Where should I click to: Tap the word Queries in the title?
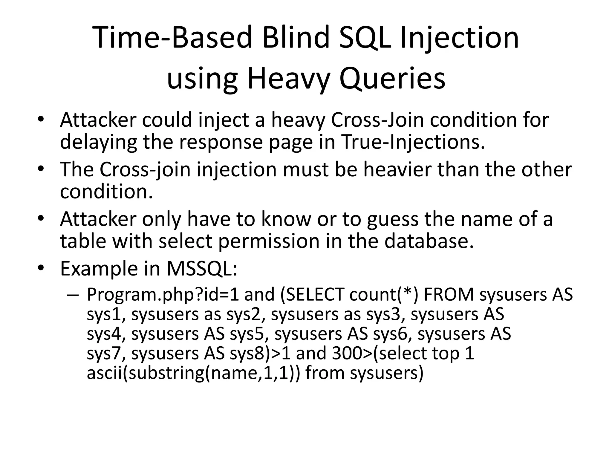(392, 79)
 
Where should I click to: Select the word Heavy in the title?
(289, 79)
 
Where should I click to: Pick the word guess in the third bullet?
(392, 219)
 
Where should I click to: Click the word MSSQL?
(201, 268)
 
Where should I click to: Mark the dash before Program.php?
(73, 295)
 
